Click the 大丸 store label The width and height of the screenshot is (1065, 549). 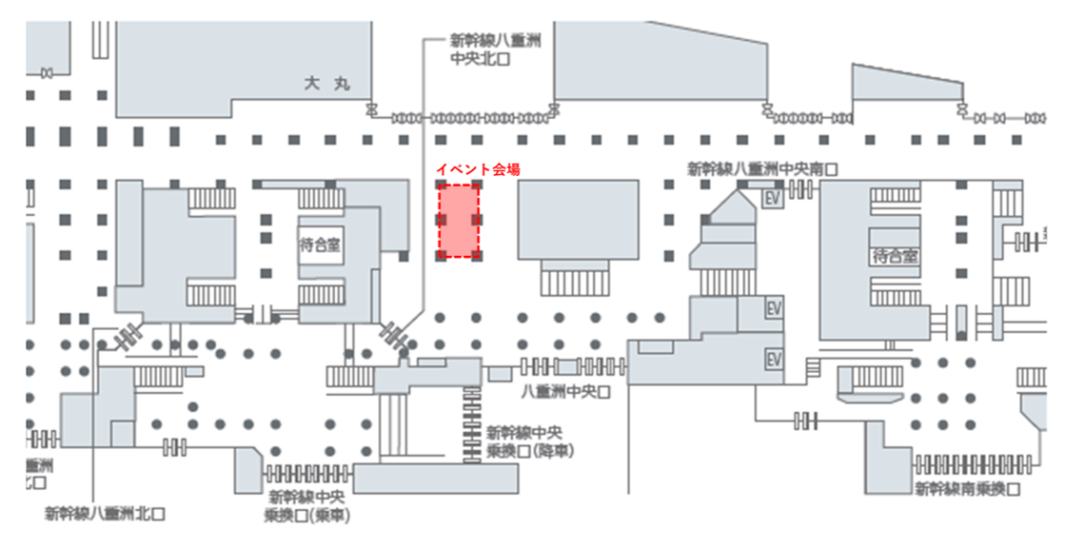[x=327, y=84]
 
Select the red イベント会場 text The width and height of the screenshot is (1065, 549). [x=478, y=168]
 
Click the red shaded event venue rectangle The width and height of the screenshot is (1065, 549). [x=458, y=222]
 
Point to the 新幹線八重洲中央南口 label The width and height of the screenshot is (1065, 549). [x=762, y=168]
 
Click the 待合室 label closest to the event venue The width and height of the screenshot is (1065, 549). [x=320, y=245]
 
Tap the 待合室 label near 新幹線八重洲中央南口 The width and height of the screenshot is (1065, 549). [x=895, y=256]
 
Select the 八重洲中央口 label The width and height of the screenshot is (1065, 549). [x=564, y=390]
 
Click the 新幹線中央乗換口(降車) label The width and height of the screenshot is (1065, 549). [x=529, y=441]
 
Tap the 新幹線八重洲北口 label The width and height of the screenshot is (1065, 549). [x=106, y=513]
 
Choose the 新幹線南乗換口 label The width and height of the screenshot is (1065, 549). [x=967, y=489]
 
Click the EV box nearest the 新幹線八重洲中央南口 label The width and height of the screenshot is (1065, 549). [x=774, y=199]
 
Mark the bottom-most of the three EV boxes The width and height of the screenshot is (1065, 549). [x=774, y=359]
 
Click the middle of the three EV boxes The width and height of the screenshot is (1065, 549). [x=774, y=310]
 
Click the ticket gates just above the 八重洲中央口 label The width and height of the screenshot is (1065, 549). [x=573, y=365]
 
